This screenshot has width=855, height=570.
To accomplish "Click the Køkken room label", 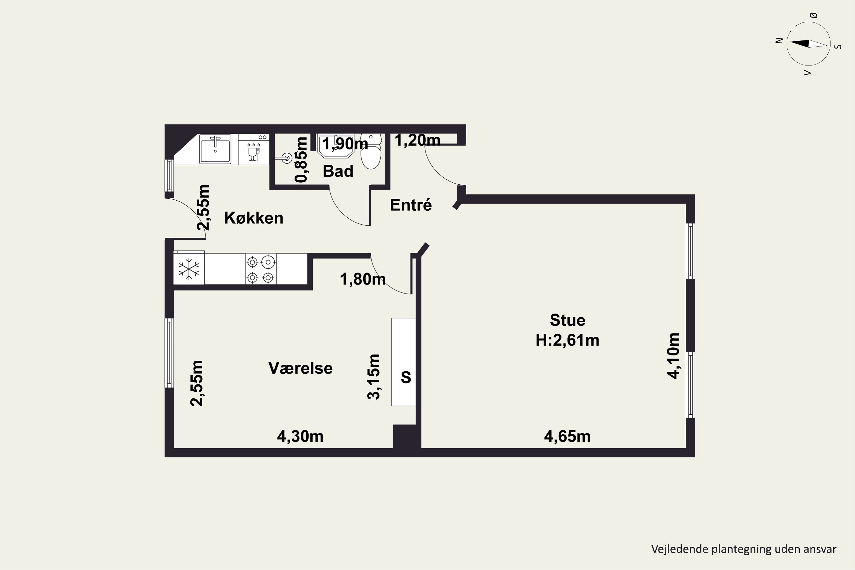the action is (x=254, y=218).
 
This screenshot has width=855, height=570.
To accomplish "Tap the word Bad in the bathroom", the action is (x=338, y=171).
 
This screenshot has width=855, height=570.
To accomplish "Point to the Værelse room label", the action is (x=301, y=368).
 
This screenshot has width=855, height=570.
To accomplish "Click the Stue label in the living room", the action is (x=567, y=320).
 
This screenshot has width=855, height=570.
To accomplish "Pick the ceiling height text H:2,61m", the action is (x=567, y=340).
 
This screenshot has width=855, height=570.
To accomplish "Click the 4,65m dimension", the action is (x=567, y=436).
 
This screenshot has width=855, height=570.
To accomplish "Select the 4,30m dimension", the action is (x=300, y=436).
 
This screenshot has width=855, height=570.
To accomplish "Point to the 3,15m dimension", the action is (x=374, y=377).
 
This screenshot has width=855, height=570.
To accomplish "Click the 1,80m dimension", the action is (x=363, y=279).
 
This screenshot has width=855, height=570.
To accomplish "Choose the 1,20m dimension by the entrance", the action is (x=417, y=140).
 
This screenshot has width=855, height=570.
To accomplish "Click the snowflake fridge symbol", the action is (x=189, y=269).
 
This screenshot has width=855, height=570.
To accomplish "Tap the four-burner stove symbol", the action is (x=261, y=269).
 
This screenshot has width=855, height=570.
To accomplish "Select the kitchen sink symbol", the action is (x=215, y=149).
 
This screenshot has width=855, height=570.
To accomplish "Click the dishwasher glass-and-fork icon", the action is (x=254, y=152).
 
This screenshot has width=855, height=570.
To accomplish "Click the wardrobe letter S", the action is (x=406, y=377).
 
